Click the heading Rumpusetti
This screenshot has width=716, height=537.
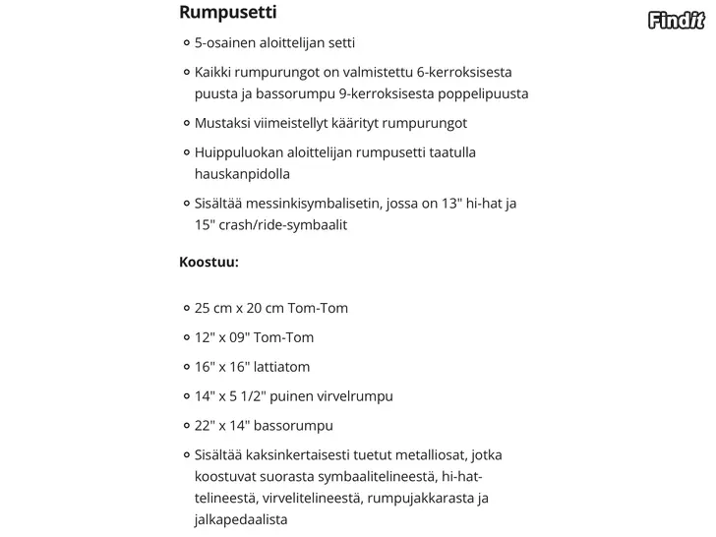coord(227,13)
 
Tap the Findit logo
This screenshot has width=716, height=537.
coord(677,18)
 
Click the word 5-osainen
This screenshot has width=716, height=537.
coord(224,43)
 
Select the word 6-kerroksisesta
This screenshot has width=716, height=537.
coord(463,73)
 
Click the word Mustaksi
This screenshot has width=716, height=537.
coord(223,124)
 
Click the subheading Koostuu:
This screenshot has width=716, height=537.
coord(209,263)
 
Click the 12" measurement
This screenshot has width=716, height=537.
coord(205,337)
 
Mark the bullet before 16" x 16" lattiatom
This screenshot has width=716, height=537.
coord(186,367)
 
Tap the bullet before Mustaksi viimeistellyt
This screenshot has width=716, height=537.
coord(186,124)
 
